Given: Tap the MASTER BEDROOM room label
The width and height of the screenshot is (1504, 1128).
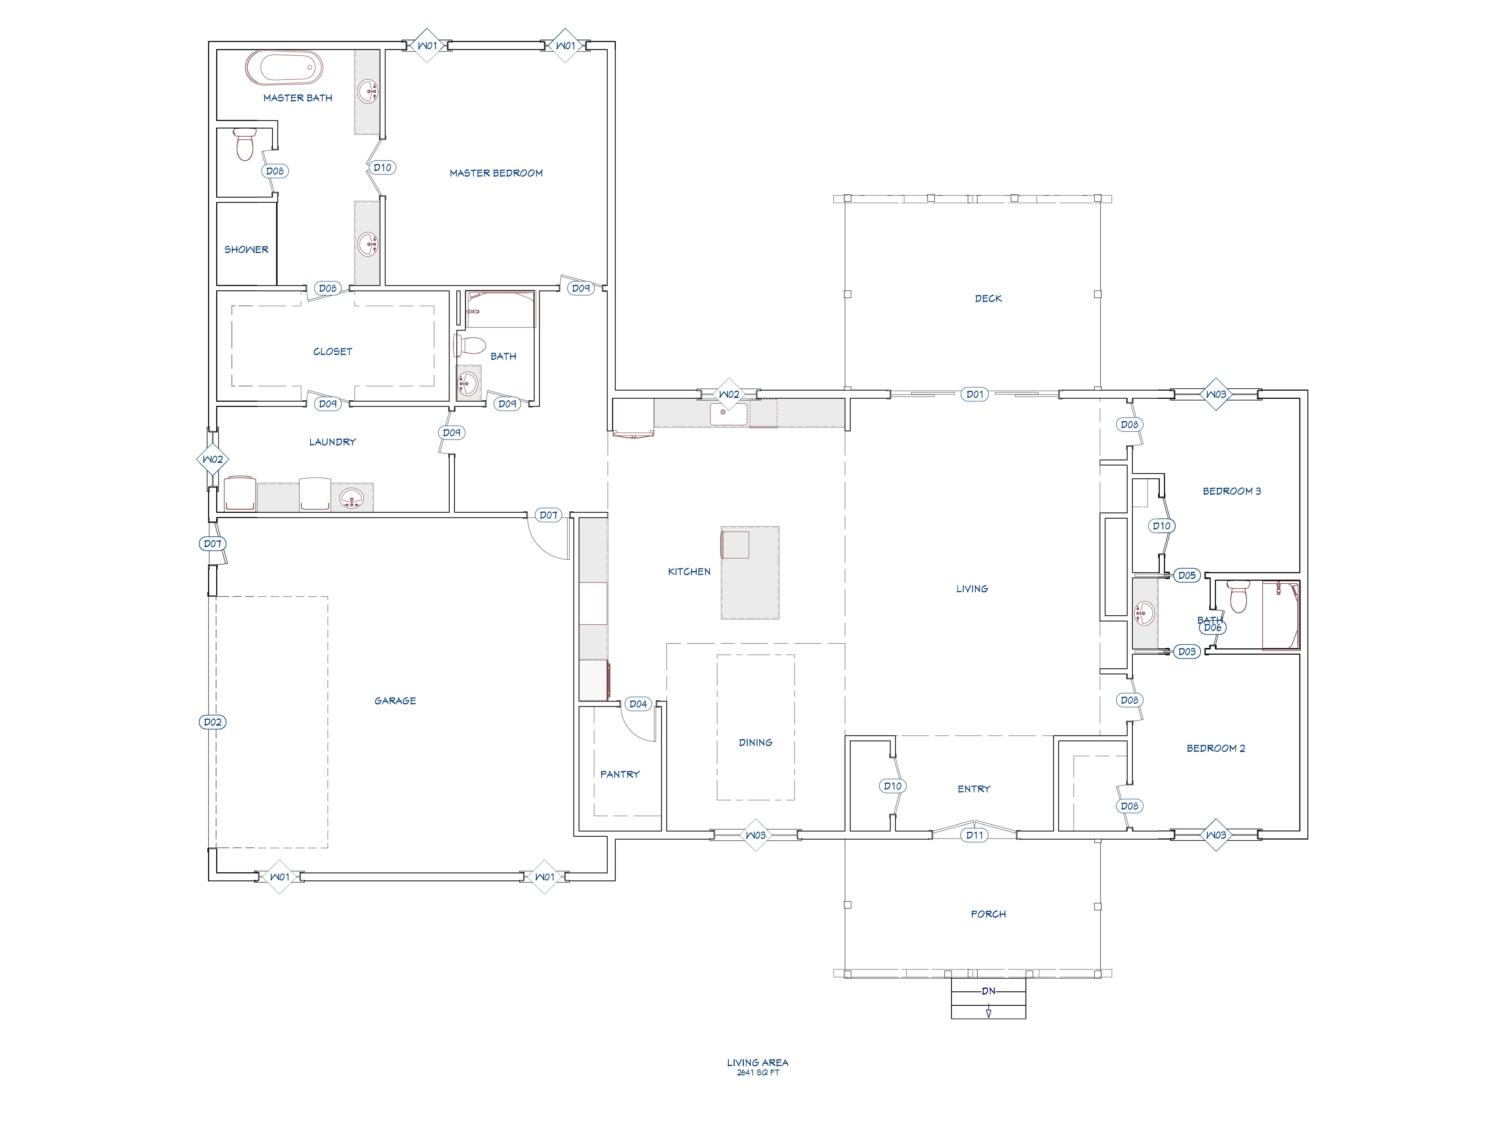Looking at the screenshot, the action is click(x=496, y=173).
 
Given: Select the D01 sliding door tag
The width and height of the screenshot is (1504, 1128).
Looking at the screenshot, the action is click(x=974, y=394).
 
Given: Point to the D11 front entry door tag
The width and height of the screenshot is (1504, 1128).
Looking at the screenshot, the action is click(x=974, y=835).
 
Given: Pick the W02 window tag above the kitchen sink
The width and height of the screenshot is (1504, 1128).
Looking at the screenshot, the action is click(x=729, y=394).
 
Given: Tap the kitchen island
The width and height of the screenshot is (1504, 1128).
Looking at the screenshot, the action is click(x=750, y=573).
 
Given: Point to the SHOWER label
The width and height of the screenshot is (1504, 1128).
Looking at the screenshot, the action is click(x=246, y=250).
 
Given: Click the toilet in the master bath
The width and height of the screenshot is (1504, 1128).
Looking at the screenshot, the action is click(x=244, y=144).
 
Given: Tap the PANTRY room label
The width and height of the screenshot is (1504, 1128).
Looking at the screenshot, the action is click(x=619, y=774).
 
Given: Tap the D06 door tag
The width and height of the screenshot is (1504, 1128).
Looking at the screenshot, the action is click(x=1212, y=628).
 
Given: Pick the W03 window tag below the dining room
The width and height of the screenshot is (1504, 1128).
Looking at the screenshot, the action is click(x=755, y=835).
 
